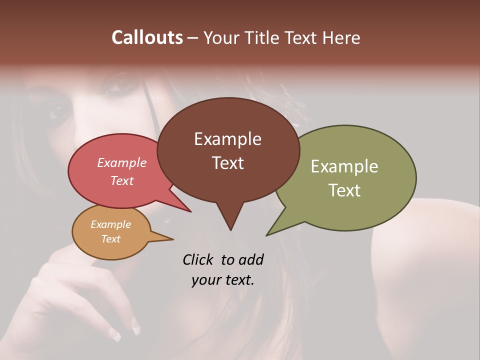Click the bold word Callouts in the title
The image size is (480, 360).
click(x=147, y=37)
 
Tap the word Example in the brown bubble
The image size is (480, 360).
click(x=227, y=139)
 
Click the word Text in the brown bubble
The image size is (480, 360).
click(x=227, y=163)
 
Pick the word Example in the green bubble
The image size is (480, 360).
click(x=344, y=166)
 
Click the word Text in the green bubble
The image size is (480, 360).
click(x=344, y=190)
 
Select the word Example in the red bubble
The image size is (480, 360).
click(x=122, y=162)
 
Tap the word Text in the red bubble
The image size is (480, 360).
click(x=122, y=180)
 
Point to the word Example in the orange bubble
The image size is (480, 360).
click(x=111, y=224)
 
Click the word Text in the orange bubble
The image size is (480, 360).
click(x=111, y=239)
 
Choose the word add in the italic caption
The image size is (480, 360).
click(x=250, y=260)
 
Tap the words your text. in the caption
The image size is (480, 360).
click(x=223, y=280)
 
